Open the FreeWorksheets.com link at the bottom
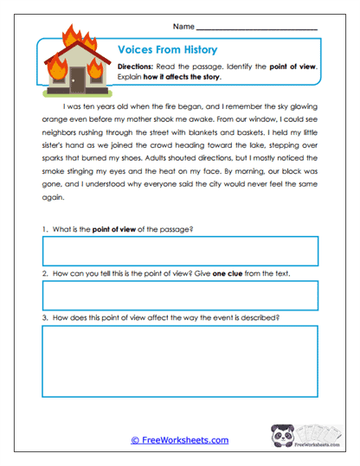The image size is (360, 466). (179, 440)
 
